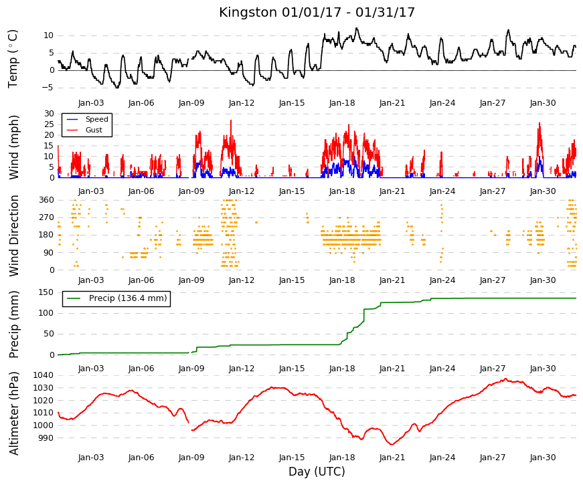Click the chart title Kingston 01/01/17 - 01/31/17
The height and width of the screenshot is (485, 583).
(317, 12)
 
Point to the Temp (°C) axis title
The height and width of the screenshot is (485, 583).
(13, 59)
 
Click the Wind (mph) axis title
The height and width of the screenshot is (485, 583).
(13, 147)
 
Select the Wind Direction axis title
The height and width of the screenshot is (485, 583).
(14, 236)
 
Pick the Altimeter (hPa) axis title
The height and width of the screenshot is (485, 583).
(14, 413)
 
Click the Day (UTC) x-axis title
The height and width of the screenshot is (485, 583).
(317, 472)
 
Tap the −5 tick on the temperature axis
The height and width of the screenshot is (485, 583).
(49, 88)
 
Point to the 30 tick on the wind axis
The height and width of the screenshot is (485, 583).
(49, 113)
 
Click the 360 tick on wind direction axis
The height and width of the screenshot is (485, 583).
(46, 200)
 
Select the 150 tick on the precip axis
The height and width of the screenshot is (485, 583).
(46, 292)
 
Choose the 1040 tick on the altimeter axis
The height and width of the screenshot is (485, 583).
(44, 375)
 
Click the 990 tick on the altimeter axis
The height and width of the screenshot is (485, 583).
(46, 438)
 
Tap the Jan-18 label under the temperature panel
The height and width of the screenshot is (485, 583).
(342, 103)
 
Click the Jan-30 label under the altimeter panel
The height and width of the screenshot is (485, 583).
(543, 458)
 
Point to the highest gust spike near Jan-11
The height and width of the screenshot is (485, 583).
(231, 120)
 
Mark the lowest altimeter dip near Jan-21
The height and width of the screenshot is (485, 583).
(392, 444)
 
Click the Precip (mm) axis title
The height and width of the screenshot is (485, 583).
(14, 324)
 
